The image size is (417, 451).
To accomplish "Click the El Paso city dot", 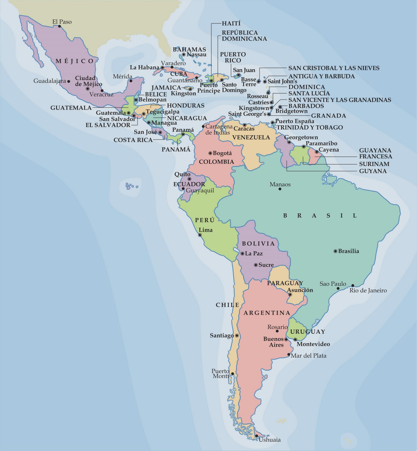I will [x=60, y=26].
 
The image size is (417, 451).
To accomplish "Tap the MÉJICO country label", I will [x=75, y=61].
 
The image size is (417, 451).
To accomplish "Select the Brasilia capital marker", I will [x=335, y=251].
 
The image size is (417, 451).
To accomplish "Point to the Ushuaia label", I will [x=270, y=440].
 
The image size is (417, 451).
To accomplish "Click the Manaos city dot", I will [x=280, y=189].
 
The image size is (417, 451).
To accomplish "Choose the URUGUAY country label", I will [x=308, y=332].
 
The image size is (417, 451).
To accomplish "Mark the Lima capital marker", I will [x=200, y=235].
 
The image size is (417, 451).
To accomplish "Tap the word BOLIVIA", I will [x=258, y=244].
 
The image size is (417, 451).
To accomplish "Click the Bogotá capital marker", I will [x=210, y=153].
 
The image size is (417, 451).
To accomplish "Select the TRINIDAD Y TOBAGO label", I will [x=310, y=127].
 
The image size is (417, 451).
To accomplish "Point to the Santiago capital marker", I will [x=237, y=336].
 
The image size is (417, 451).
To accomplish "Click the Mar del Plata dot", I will [x=288, y=355].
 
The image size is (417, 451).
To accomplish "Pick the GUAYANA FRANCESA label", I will [x=375, y=153].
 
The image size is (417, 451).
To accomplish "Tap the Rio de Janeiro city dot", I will [x=353, y=286].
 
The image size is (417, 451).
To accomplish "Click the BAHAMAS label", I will [x=189, y=50].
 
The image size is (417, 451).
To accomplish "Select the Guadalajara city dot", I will [x=69, y=81].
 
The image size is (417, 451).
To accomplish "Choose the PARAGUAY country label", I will [x=285, y=283].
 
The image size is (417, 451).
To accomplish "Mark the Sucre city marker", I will [x=256, y=265].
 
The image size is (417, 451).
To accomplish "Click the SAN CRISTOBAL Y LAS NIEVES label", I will [x=334, y=68].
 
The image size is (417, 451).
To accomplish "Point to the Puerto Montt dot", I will [x=232, y=374].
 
